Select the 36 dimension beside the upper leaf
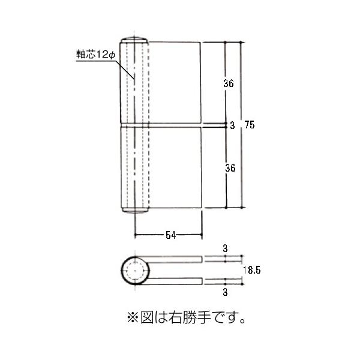pyautogui.click(x=228, y=84)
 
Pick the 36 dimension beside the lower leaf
pyautogui.click(x=228, y=169)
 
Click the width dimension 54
pyautogui.click(x=170, y=235)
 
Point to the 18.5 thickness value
pyautogui.click(x=253, y=271)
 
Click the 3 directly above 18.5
pyautogui.click(x=225, y=248)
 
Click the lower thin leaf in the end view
pyautogui.click(x=174, y=281)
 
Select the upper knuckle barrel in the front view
pyautogui.click(x=134, y=82)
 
